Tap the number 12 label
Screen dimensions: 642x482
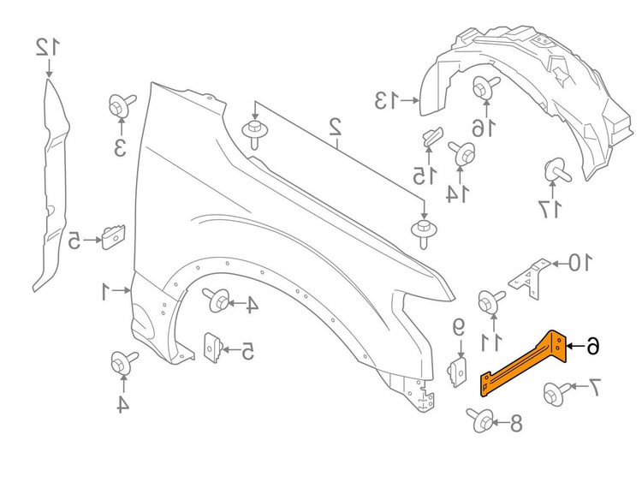coord(48,47)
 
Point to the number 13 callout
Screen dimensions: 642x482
coord(386,101)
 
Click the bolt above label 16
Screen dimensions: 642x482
coord(485,87)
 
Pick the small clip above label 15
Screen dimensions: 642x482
coord(431,136)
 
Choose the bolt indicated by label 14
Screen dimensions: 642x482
coord(462,153)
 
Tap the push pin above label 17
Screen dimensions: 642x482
coord(556,170)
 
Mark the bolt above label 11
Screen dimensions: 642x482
coord(490,302)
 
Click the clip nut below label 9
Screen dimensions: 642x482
coord(459,372)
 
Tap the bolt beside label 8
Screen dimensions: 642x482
coord(481,420)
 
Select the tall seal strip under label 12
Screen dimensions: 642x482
coord(51,185)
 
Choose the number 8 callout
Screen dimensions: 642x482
coord(515,423)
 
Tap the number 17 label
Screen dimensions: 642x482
coord(550,210)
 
